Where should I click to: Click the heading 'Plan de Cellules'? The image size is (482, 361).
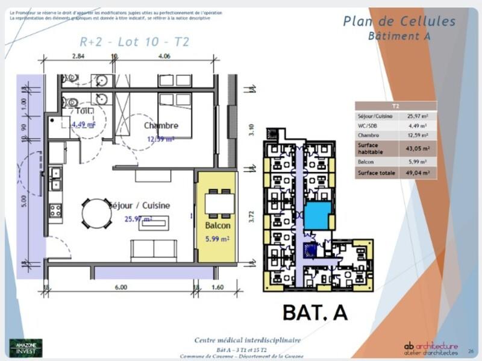click(x=399, y=22)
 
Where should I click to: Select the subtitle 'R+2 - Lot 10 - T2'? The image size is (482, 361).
click(x=134, y=42)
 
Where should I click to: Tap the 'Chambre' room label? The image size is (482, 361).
click(x=161, y=125)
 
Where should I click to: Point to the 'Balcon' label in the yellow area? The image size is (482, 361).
click(x=218, y=225)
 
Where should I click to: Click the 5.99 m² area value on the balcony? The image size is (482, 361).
click(x=218, y=239)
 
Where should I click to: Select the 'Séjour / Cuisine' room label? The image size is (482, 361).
click(x=139, y=206)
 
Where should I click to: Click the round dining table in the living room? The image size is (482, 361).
click(x=96, y=213)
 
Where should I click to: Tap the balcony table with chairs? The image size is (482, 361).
click(x=218, y=204)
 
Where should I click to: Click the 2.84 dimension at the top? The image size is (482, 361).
click(x=78, y=55)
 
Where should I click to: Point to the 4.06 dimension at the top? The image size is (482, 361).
click(x=164, y=55)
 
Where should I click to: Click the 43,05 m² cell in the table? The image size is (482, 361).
click(x=418, y=148)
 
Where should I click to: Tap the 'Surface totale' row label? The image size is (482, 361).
click(x=377, y=173)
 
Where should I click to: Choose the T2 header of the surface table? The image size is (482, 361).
click(x=395, y=106)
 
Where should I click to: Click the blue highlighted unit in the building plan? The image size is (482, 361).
click(x=317, y=215)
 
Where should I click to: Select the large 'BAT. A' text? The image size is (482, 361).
click(x=315, y=312)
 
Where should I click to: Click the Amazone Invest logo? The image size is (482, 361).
click(x=26, y=347)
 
